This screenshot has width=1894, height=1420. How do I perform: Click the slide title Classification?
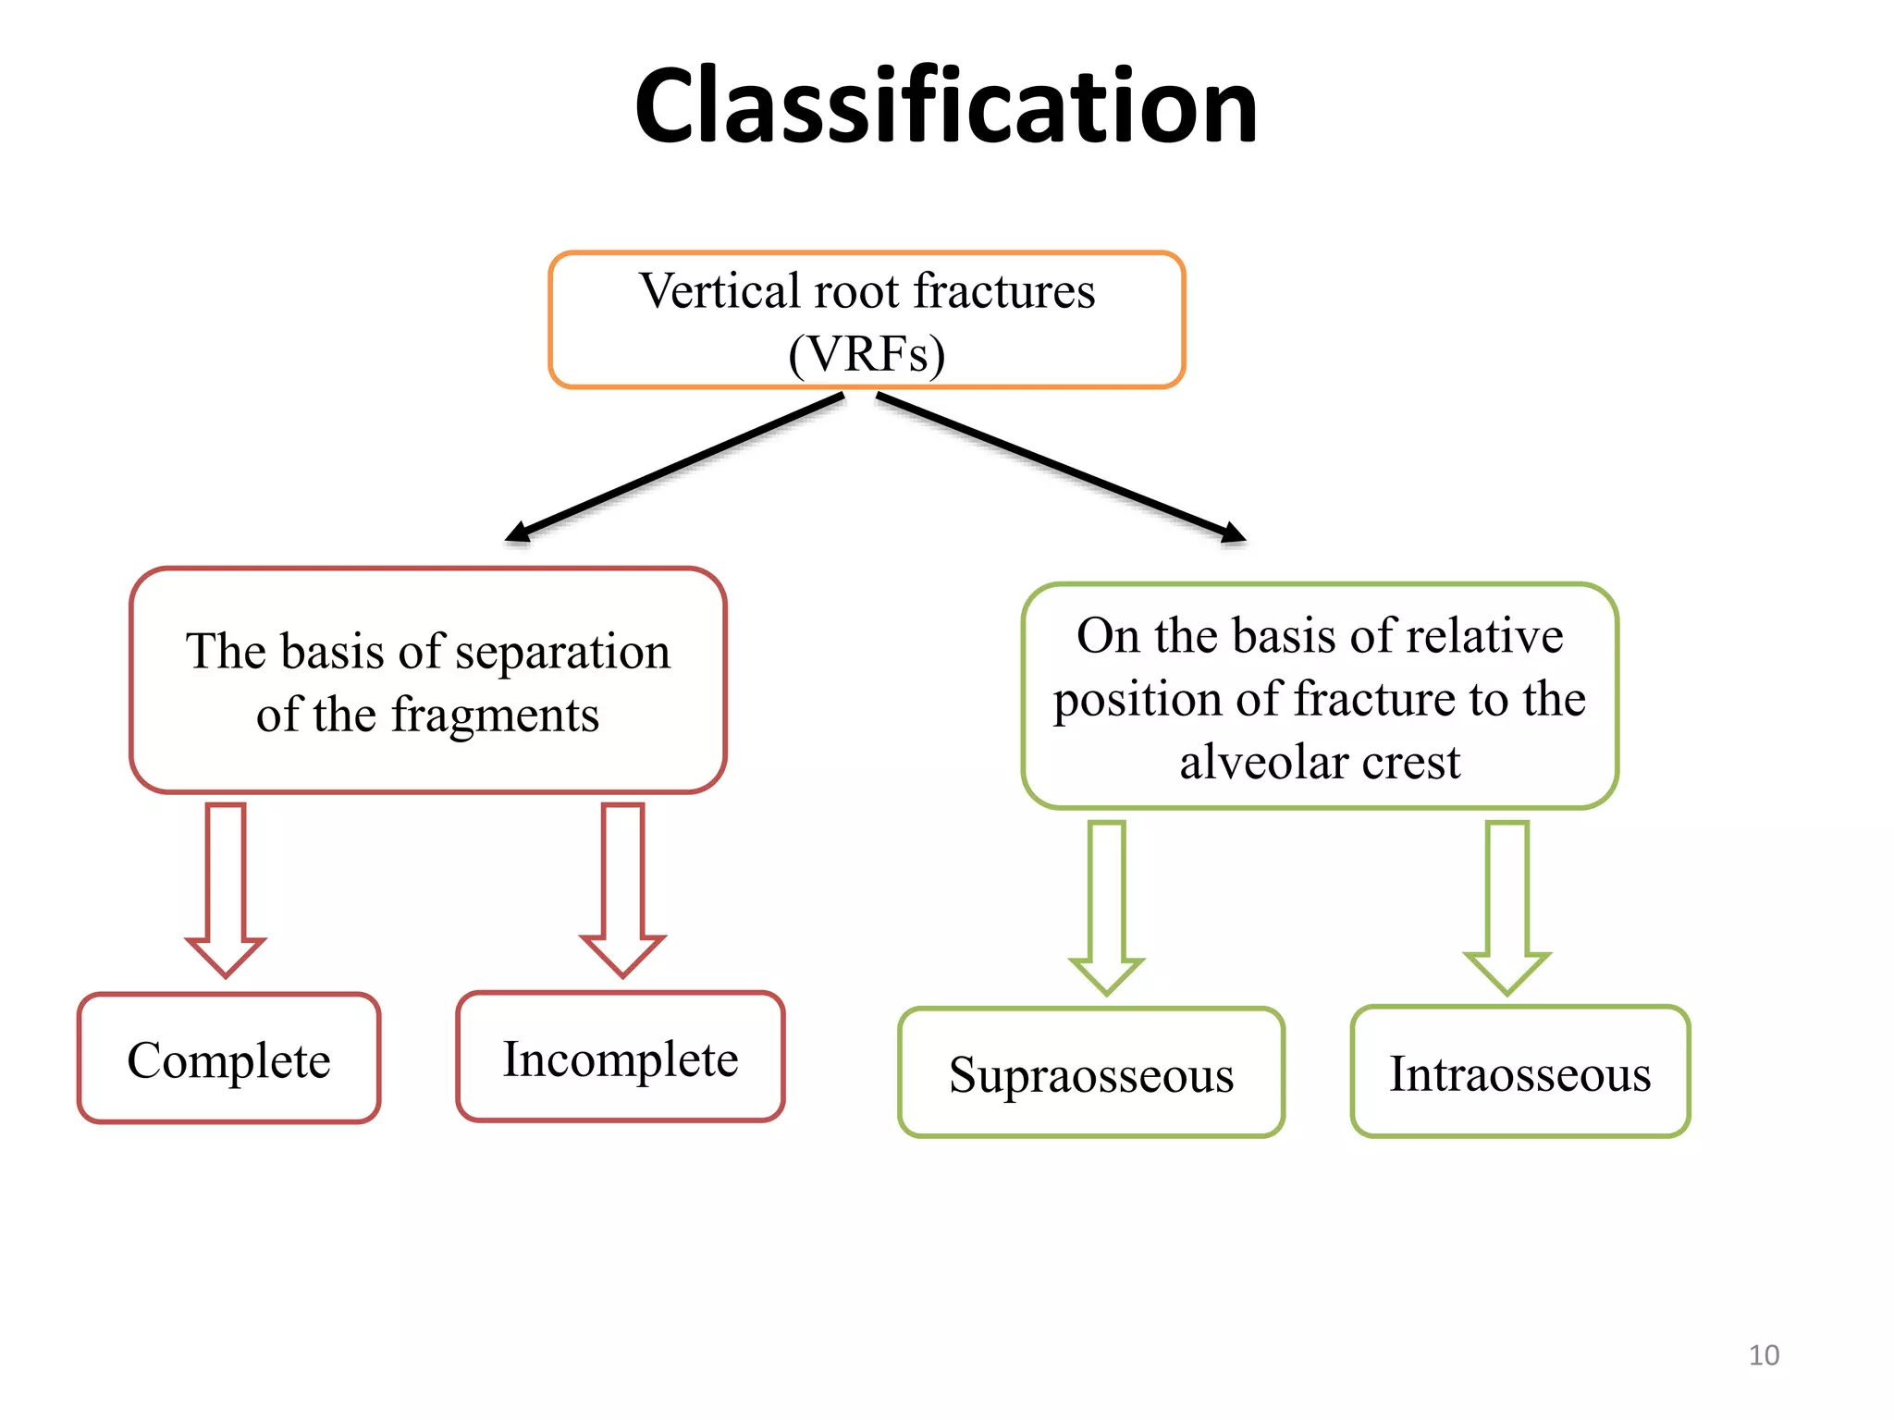tap(945, 106)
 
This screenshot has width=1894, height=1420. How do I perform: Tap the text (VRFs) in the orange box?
tap(867, 354)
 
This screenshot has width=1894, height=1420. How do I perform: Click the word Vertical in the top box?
tap(719, 291)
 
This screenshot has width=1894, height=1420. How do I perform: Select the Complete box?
tap(228, 1059)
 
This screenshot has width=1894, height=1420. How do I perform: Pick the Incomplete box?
tap(621, 1059)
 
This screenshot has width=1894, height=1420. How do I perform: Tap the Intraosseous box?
tap(1519, 1073)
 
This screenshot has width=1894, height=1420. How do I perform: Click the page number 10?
tap(1764, 1355)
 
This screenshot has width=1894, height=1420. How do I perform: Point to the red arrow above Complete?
tap(226, 887)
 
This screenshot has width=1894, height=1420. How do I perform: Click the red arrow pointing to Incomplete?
tap(622, 887)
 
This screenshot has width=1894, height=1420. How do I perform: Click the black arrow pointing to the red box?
tap(675, 468)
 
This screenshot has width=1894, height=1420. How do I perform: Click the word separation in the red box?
tap(562, 652)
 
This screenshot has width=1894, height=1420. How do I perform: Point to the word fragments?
tap(495, 716)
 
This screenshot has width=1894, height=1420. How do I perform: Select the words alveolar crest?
tap(1320, 763)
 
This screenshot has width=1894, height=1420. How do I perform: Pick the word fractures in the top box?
tap(1004, 291)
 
